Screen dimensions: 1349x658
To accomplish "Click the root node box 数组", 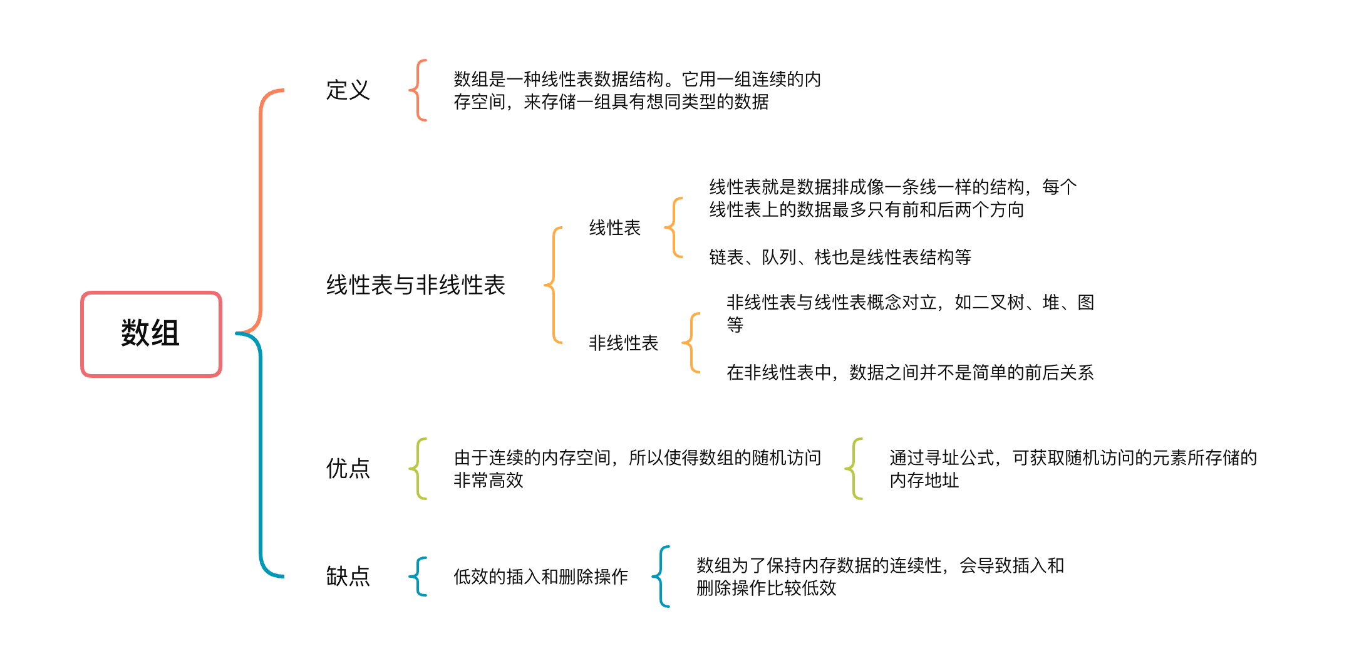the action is [x=151, y=334].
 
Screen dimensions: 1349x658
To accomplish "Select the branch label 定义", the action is [x=348, y=90].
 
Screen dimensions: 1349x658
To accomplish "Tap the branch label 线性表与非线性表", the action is [x=415, y=285].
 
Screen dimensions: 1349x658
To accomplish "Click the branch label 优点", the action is [x=348, y=469].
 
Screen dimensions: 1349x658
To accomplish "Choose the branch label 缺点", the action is [x=348, y=577].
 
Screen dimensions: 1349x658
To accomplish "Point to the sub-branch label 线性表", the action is [x=614, y=227].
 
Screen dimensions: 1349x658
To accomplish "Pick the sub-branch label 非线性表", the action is [x=623, y=343].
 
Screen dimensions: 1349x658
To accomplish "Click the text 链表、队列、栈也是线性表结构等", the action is [x=840, y=257].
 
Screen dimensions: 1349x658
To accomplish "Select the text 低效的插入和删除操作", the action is [x=540, y=577].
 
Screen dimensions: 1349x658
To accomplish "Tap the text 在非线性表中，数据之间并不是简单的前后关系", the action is [x=910, y=373].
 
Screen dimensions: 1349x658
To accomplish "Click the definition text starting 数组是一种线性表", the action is [x=637, y=90].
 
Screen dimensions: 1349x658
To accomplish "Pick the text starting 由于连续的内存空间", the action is [x=637, y=469].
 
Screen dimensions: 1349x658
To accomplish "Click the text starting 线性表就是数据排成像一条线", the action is [x=892, y=198].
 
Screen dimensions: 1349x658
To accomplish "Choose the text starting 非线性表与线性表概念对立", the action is [x=910, y=313].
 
